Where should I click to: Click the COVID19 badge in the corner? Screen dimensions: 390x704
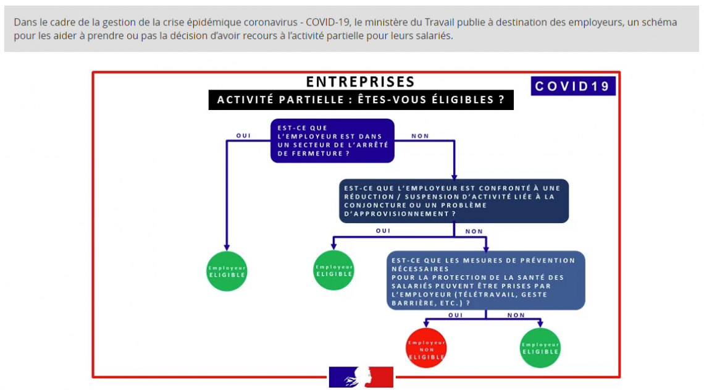(572, 86)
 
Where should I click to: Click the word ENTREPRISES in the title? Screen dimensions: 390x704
(361, 82)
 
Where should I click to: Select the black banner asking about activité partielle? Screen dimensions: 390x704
(361, 100)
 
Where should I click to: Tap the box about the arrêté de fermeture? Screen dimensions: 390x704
(332, 141)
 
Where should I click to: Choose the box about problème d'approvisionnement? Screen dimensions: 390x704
(453, 201)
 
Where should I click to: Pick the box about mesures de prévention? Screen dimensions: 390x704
(485, 282)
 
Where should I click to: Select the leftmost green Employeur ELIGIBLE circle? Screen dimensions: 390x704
(227, 271)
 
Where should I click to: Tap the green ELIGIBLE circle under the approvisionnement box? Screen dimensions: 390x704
(333, 270)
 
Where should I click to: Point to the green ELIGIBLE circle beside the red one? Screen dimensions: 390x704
(540, 348)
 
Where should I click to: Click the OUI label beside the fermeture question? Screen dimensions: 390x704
(243, 135)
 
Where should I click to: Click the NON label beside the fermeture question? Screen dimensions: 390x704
(420, 135)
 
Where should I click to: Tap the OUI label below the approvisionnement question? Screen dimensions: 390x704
(383, 231)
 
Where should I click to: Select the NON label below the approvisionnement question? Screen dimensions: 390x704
(474, 232)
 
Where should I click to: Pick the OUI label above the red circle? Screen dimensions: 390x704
(455, 315)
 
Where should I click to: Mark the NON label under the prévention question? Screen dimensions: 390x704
(516, 315)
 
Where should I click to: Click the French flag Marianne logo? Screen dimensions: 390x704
(361, 376)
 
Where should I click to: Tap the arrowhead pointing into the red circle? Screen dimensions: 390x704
(426, 324)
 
